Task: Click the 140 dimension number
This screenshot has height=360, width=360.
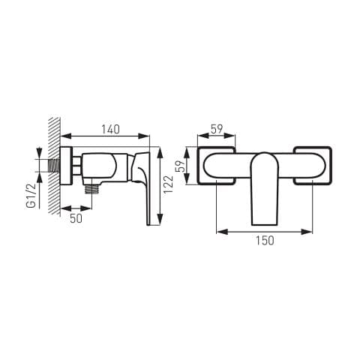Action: point(110,129)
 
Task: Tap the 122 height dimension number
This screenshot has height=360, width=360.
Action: point(168,184)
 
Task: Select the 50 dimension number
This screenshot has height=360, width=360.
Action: point(76,218)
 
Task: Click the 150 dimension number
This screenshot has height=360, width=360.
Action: point(265,241)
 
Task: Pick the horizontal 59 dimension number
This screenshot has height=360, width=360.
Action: point(217,129)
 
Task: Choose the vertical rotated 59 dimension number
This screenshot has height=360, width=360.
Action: point(181,166)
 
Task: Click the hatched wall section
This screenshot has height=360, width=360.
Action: point(55,166)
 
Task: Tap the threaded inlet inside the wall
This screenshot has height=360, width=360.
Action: point(54,165)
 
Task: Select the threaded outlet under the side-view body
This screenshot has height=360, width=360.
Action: point(91,189)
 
